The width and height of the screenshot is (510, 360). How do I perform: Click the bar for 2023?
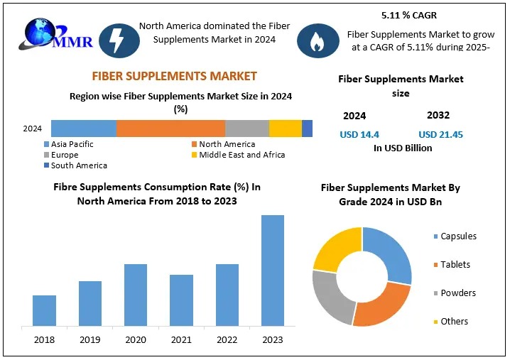click(273, 271)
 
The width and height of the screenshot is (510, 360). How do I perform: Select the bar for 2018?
click(44, 310)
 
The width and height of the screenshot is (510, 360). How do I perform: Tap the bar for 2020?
click(136, 295)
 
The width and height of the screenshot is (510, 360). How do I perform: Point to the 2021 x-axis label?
click(181, 340)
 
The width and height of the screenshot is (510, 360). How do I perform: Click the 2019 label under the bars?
click(89, 340)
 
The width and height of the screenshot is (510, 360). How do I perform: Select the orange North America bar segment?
click(170, 129)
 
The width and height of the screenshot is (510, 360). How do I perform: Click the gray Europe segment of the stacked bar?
click(247, 129)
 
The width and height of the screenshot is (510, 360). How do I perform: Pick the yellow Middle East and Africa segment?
click(286, 129)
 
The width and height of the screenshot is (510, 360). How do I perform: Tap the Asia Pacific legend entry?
click(72, 144)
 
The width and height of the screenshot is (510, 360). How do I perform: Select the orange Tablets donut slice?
click(380, 305)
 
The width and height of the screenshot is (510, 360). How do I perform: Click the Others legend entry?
click(454, 322)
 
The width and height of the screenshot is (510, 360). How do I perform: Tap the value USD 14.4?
click(359, 134)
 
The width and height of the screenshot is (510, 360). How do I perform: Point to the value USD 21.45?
click(440, 134)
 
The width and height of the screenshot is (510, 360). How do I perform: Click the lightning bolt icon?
click(114, 40)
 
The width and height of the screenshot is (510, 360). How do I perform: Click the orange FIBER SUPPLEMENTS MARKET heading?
click(174, 76)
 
